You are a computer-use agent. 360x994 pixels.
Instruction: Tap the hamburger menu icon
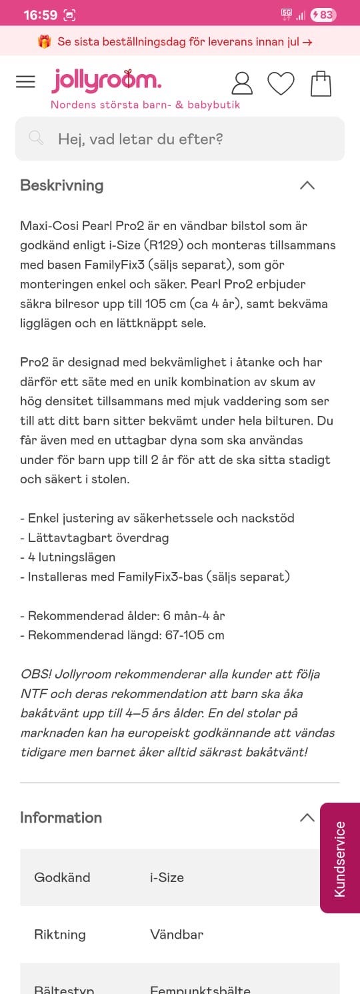[x=25, y=82]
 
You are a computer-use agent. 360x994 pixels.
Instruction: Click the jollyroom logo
[x=107, y=81]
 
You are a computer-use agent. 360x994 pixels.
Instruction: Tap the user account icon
[x=242, y=83]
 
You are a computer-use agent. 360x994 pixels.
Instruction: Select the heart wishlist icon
[x=281, y=83]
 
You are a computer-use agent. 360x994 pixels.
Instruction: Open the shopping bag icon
[x=321, y=83]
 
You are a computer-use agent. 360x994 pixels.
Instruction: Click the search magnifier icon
[x=36, y=138]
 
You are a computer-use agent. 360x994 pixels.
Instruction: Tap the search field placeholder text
[x=140, y=139]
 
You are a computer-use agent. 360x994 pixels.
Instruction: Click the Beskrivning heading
[x=61, y=185]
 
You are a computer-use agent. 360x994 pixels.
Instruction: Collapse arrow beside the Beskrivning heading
[x=307, y=185]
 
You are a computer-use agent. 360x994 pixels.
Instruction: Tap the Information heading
[x=61, y=817]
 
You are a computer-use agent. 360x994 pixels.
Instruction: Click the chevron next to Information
[x=307, y=817]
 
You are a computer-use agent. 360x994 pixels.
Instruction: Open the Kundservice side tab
[x=340, y=858]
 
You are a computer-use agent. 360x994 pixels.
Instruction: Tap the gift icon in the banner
[x=45, y=41]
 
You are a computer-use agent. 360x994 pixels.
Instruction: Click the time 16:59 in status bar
[x=41, y=15]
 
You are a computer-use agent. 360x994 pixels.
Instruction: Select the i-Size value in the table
[x=167, y=877]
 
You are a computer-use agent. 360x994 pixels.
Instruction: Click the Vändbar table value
[x=177, y=934]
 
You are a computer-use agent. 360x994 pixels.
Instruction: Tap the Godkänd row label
[x=62, y=877]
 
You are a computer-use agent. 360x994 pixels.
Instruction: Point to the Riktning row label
[x=60, y=934]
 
